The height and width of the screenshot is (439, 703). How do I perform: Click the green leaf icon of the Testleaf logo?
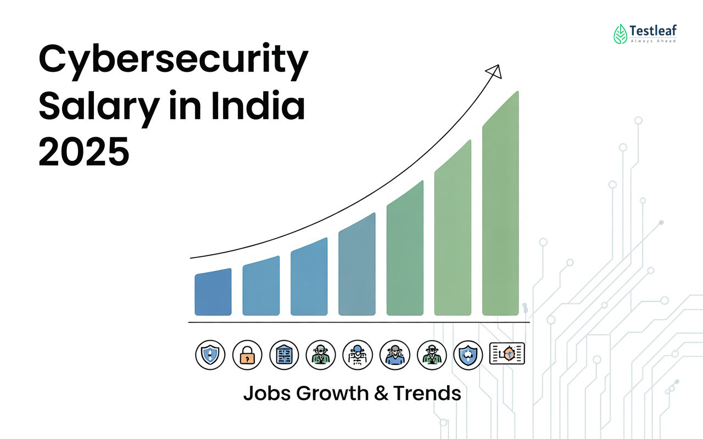[x=620, y=34]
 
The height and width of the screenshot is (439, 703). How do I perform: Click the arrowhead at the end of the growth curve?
[x=494, y=71]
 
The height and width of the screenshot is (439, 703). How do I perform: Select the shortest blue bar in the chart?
[x=213, y=294]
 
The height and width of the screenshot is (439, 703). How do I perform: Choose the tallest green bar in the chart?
[x=500, y=206]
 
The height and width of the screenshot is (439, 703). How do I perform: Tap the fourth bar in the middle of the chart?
[x=356, y=266]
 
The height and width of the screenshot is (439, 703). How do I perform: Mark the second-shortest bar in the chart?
[x=261, y=286]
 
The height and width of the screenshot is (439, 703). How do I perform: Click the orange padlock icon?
[x=247, y=354]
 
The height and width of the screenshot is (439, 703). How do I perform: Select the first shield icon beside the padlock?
[x=210, y=354]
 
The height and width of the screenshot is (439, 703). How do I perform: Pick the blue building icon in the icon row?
[x=284, y=354]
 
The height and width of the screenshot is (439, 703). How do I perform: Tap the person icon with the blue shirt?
[x=394, y=354]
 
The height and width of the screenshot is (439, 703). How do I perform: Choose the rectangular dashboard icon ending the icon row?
[x=506, y=353]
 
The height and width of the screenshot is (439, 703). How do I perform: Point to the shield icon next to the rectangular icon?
[x=468, y=354]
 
